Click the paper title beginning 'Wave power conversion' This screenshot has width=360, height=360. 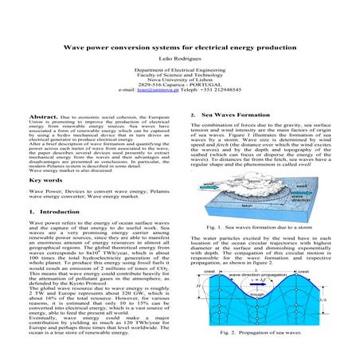179,48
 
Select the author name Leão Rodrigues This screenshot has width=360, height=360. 179,59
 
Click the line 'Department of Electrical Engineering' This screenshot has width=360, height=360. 179,70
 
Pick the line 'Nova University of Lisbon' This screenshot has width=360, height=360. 179,81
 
